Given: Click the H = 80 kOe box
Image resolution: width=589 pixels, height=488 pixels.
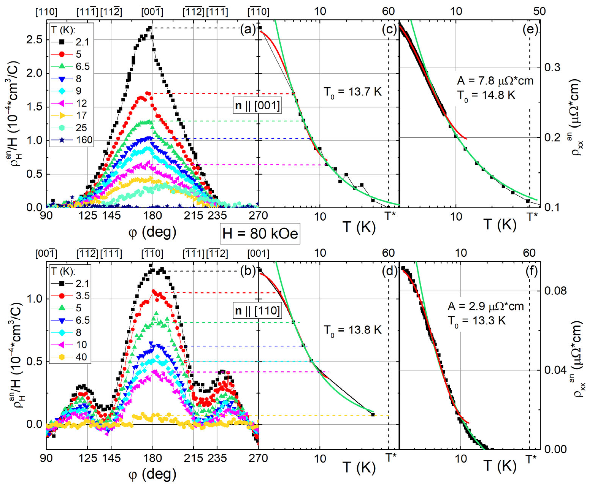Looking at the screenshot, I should tap(260, 233).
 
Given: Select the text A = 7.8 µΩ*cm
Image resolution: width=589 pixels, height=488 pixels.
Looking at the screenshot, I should tap(495, 81).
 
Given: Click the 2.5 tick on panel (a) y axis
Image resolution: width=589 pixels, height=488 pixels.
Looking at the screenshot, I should tap(34, 39).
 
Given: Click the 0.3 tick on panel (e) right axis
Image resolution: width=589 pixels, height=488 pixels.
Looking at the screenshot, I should tap(552, 68).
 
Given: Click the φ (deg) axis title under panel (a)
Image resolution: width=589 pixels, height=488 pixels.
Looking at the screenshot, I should tap(152, 232).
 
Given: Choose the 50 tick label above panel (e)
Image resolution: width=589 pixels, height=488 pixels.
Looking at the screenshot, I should tap(539, 11).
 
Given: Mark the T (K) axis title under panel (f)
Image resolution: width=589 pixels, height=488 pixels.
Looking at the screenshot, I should tap(500, 466).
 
